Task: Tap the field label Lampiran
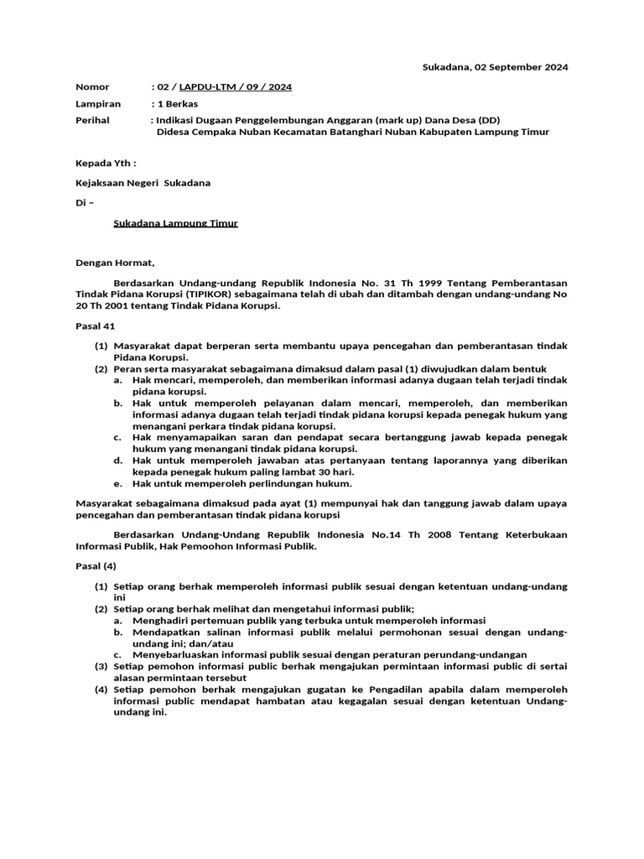pyautogui.click(x=98, y=104)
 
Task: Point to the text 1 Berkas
pyautogui.click(x=174, y=104)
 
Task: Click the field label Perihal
pyautogui.click(x=92, y=121)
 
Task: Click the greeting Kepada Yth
pyautogui.click(x=105, y=163)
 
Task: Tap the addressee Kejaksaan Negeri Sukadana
pyautogui.click(x=143, y=183)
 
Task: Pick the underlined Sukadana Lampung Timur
pyautogui.click(x=176, y=223)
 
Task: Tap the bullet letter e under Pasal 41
pyautogui.click(x=118, y=483)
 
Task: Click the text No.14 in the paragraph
pyautogui.click(x=385, y=534)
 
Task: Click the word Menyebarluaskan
pyautogui.click(x=174, y=654)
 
